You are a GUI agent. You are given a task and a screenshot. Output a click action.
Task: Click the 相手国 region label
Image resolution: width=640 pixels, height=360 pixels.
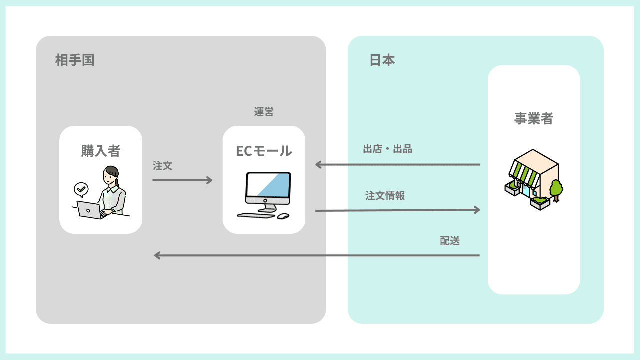(75, 61)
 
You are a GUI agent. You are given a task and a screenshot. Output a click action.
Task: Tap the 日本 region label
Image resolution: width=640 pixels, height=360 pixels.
(382, 60)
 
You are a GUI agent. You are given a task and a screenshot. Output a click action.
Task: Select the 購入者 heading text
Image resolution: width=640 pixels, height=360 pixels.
(101, 150)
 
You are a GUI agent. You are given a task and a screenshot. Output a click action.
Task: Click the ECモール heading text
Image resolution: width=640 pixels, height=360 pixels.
(264, 151)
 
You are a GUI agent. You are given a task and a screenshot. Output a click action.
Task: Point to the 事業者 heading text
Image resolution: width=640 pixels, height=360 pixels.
(534, 119)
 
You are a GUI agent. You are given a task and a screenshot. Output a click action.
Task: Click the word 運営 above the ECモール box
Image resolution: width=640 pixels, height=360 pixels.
(264, 112)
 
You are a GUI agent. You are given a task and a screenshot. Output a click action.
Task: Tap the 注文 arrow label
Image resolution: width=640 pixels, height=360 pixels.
(163, 166)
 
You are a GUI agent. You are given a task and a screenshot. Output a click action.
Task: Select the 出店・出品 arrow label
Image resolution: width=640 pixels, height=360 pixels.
(388, 149)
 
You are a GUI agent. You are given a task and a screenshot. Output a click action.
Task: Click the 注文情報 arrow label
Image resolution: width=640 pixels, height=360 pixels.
(385, 196)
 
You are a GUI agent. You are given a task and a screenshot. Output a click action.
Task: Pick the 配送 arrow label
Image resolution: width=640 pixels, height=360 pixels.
(450, 241)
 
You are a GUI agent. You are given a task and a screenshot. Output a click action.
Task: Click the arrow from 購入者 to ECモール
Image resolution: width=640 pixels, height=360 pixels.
(182, 180)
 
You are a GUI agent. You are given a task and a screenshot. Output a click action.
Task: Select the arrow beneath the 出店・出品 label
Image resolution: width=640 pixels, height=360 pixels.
(397, 164)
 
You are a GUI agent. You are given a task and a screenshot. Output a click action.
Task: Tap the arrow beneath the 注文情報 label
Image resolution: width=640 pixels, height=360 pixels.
(397, 210)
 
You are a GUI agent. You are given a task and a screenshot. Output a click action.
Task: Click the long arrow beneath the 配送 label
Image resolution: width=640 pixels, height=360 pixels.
(317, 255)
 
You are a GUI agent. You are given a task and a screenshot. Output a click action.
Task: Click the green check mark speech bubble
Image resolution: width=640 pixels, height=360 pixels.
(81, 189)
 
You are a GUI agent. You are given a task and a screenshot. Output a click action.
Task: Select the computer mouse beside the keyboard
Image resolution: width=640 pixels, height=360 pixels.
(283, 216)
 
